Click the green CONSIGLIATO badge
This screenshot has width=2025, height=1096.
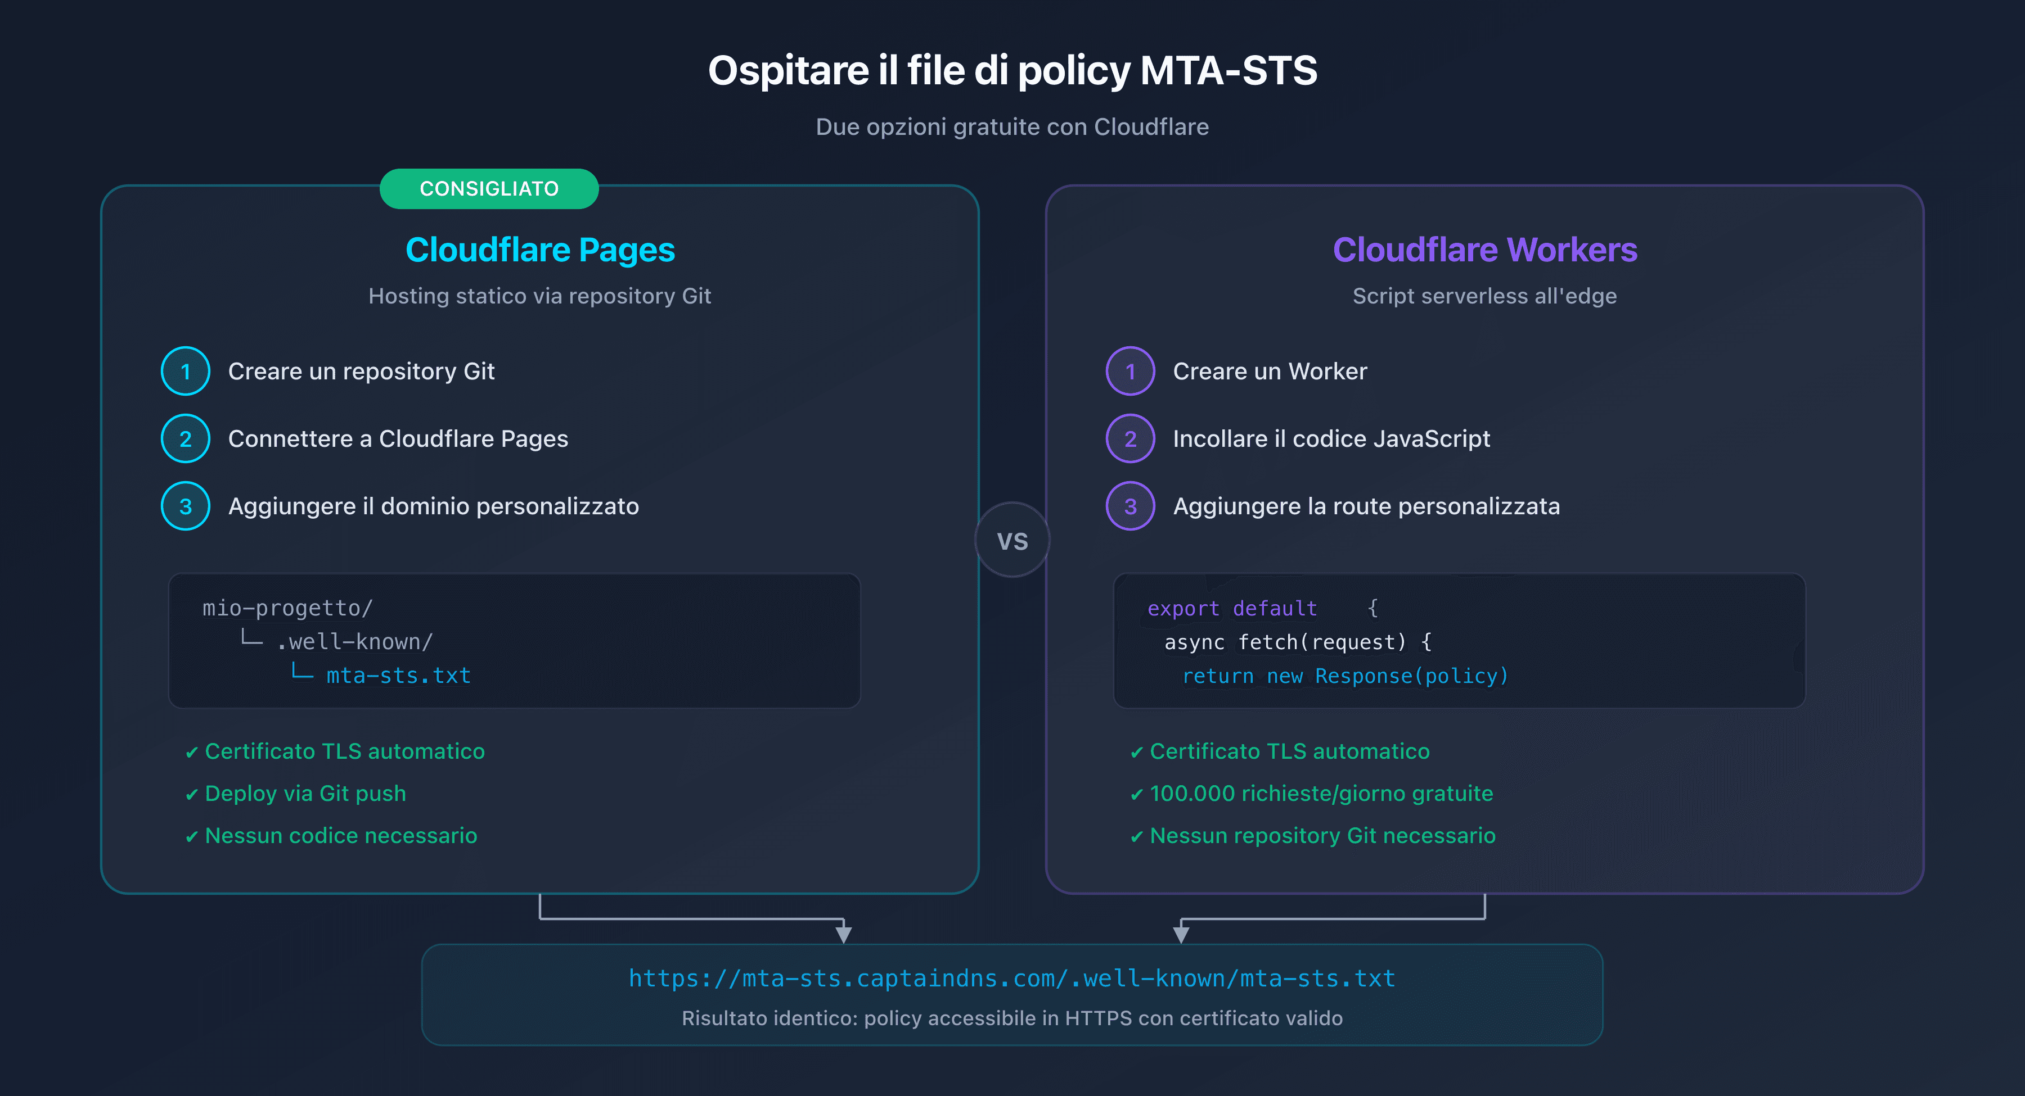pos(488,188)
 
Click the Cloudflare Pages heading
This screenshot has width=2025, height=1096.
pos(540,250)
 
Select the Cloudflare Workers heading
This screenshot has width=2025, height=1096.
pos(1484,250)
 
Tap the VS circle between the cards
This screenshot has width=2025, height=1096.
pos(1012,541)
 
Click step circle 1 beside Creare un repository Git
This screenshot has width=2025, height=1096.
pos(186,371)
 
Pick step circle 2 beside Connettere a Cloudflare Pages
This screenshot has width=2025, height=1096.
pos(186,438)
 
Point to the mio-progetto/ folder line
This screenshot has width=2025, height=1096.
pos(287,608)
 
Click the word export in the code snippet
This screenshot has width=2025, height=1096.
pos(1182,609)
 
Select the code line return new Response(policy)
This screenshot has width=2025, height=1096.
pos(1344,677)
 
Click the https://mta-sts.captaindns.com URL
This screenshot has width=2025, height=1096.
pos(1012,978)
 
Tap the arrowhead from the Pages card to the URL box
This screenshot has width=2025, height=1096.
pos(844,934)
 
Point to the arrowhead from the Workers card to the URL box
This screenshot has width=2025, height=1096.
pos(1181,934)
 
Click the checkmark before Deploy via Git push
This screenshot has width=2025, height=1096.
pos(191,795)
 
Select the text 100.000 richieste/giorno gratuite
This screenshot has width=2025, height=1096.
pos(1321,794)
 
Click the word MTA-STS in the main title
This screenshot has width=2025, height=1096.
pos(1228,71)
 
